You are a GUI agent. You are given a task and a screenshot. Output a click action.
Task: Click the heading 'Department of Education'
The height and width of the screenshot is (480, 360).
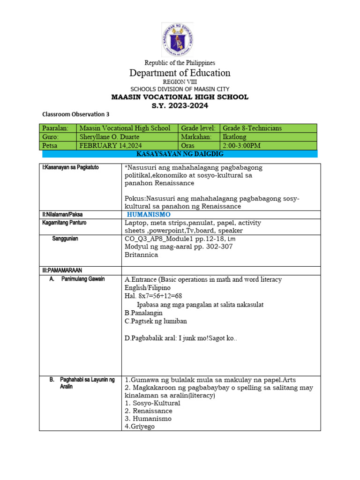[x=180, y=73]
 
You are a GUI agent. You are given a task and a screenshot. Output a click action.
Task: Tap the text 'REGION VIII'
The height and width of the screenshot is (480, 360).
[x=180, y=82]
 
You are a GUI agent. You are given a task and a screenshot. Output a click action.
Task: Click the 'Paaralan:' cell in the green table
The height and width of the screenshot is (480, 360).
[x=55, y=128]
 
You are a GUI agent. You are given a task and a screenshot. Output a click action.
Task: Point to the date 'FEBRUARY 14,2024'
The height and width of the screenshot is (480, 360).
[x=109, y=145]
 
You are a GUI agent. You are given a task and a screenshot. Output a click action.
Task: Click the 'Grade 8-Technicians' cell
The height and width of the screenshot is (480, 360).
[x=253, y=128]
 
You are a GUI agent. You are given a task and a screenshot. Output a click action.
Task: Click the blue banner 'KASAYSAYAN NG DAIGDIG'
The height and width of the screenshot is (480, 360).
[x=180, y=154]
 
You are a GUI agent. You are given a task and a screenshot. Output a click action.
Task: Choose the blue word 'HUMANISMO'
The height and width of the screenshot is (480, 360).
[x=149, y=214]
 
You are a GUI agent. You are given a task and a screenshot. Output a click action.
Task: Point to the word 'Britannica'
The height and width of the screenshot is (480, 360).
[x=141, y=255]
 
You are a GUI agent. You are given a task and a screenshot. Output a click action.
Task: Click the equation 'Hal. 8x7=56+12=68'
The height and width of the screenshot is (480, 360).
[x=153, y=296]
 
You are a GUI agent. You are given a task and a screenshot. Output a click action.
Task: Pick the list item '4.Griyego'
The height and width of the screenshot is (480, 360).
[x=139, y=427]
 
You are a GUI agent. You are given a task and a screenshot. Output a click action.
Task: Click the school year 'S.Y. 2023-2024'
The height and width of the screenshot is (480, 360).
[x=180, y=105]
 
